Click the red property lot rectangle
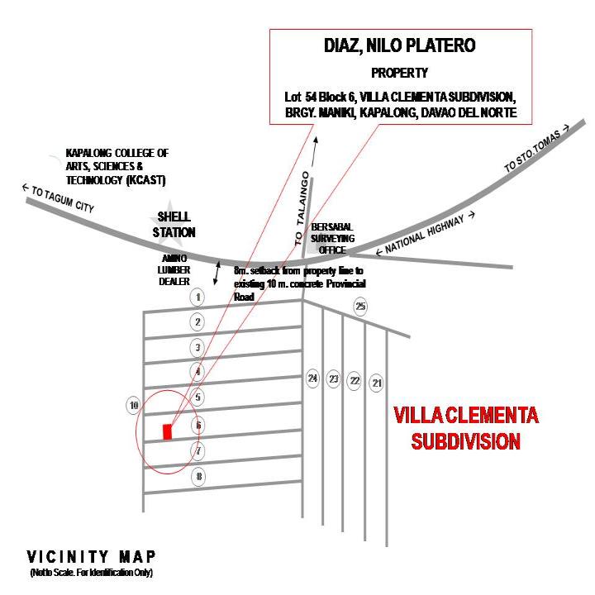point(167,431)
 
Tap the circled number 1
point(197,297)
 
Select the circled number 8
point(198,477)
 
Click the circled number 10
point(132,405)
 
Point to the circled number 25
point(360,307)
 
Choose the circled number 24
point(312,378)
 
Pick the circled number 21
point(377,383)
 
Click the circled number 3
point(197,347)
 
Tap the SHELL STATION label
point(174,226)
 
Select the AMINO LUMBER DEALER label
point(175,269)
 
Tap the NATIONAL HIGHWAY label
point(426,235)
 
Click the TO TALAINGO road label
point(303,207)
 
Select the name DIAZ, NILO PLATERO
point(399,47)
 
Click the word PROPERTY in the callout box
point(399,73)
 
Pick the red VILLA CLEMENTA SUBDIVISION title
point(466,428)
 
